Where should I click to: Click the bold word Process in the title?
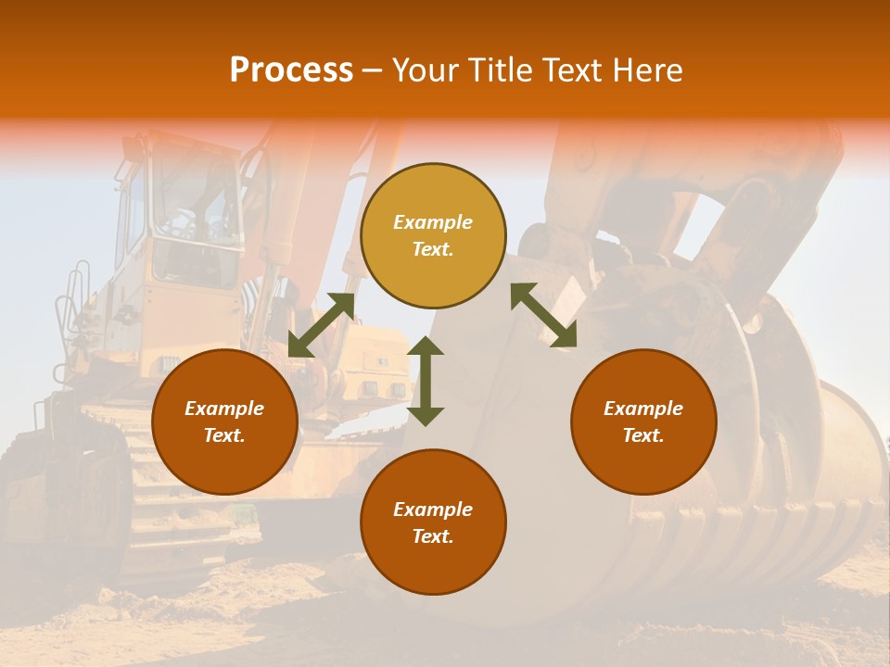click(291, 69)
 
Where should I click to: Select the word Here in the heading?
click(648, 69)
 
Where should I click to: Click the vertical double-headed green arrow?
click(426, 381)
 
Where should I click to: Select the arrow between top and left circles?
click(321, 325)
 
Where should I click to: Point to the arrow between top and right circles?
click(543, 315)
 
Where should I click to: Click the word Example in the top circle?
click(433, 222)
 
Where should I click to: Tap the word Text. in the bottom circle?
click(433, 536)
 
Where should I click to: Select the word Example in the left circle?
click(224, 409)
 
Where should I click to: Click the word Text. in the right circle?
click(643, 435)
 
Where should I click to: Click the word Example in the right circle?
click(643, 409)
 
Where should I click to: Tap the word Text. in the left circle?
click(224, 435)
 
